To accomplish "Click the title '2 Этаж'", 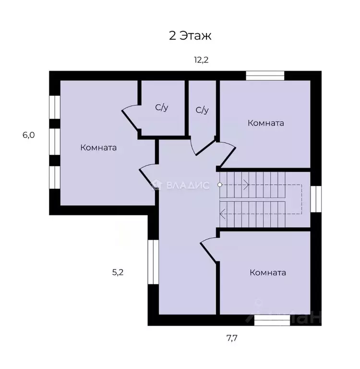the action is pos(190,36).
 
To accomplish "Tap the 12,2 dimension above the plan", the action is pos(201,60).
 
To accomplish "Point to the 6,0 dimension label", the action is pos(29,135).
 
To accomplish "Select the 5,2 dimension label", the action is pos(118,272).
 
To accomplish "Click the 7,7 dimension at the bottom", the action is pos(232,338).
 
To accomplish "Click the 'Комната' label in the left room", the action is pos(98,148).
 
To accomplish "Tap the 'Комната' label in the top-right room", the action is pos(266,123).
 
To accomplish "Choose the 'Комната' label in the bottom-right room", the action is pos(268,272).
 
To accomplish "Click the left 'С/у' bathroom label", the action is pos(162,108).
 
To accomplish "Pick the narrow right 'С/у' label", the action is pos(202,110).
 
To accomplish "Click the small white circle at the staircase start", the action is pos(220,184).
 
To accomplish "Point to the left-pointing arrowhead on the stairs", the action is pos(222,214).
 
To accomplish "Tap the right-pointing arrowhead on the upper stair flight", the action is pos(246,184).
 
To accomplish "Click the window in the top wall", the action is pos(265,75).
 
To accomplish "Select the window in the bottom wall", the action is pos(272,320).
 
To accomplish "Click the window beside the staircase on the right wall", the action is pos(316,199).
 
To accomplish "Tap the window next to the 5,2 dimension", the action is pos(153,262).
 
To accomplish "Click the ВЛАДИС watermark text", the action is pos(188,185).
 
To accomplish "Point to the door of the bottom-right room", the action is pos(208,250).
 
